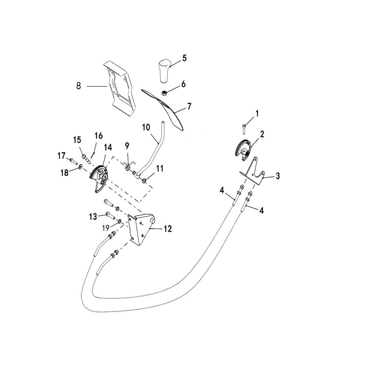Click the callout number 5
(184, 58)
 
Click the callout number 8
(78, 86)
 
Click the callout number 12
(168, 229)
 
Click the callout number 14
(108, 147)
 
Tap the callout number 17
(61, 155)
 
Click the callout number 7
(189, 106)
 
